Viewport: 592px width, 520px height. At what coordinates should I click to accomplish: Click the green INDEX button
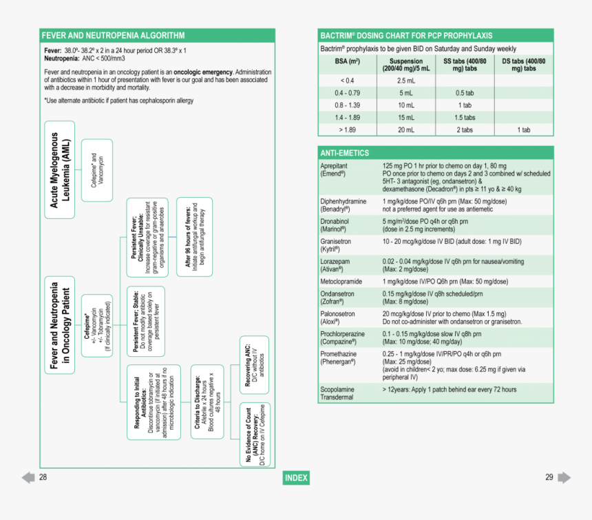(x=296, y=478)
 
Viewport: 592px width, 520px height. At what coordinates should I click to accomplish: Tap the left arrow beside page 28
(x=28, y=477)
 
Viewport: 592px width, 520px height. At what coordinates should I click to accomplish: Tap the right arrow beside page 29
(x=564, y=477)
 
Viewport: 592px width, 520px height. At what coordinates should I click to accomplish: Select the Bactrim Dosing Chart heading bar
(x=436, y=35)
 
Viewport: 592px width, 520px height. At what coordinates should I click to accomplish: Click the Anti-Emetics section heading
(x=436, y=153)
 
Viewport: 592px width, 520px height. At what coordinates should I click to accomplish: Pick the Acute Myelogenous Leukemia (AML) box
(x=59, y=169)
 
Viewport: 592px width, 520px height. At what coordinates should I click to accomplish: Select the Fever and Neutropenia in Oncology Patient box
(x=60, y=324)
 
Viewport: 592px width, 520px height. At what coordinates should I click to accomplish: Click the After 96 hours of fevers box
(x=194, y=237)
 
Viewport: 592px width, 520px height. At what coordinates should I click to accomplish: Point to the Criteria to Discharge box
(x=207, y=402)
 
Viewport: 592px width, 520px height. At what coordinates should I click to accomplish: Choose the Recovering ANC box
(x=253, y=361)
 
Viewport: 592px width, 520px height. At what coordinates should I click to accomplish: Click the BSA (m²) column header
(x=347, y=65)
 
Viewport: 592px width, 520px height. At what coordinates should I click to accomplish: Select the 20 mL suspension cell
(x=405, y=129)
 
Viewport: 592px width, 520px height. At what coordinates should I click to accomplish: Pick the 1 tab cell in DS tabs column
(x=524, y=129)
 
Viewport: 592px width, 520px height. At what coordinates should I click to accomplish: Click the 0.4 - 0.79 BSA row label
(x=347, y=93)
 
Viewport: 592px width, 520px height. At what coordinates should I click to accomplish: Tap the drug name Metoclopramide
(x=343, y=281)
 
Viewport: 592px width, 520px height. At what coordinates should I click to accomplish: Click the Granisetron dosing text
(x=452, y=242)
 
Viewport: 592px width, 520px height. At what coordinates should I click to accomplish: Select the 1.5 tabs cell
(x=465, y=118)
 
